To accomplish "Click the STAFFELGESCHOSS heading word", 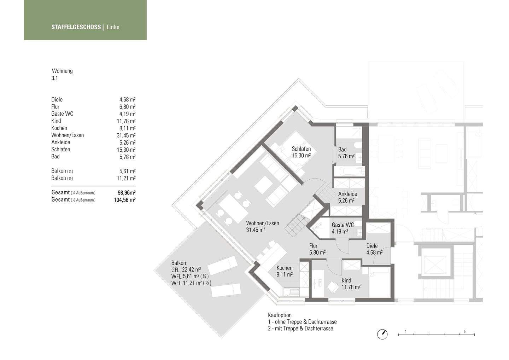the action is [x=76, y=27].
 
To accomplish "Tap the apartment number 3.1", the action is [x=54, y=78].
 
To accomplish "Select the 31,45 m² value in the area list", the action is [x=126, y=135].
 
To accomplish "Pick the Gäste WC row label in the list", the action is [x=62, y=114].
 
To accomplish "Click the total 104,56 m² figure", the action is [x=125, y=200].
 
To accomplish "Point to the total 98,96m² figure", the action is [x=127, y=192].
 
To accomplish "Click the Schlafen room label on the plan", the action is [x=301, y=149].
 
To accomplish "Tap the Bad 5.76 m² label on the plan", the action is [x=346, y=153].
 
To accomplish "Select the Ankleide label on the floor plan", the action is [x=348, y=194].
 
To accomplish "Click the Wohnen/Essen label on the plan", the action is [x=263, y=223].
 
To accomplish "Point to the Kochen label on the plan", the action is [x=285, y=268].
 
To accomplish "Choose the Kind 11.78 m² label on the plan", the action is [x=351, y=284].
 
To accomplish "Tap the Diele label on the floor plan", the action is [x=372, y=246].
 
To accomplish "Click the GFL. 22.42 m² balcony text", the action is [x=186, y=270].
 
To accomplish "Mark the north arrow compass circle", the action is [x=382, y=335].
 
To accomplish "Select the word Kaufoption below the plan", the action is [x=280, y=315].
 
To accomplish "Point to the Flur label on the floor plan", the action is [x=313, y=246].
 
